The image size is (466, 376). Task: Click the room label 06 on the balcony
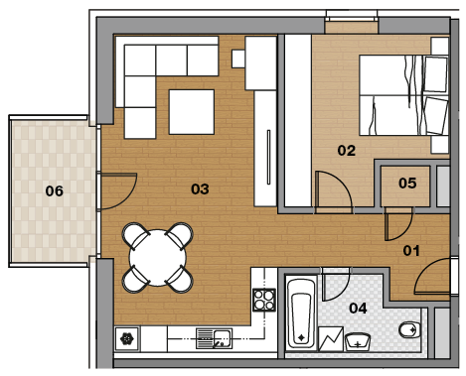pos(55,190)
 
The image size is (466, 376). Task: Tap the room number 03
pos(200,188)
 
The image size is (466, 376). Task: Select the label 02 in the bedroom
pos(347,151)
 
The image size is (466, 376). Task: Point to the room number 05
pos(407,183)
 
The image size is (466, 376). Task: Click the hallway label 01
pos(411,251)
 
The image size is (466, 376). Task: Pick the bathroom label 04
pos(358,309)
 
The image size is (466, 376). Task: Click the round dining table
pos(158,258)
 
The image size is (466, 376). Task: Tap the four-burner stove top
pos(264,300)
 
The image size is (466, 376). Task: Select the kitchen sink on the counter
pos(214,338)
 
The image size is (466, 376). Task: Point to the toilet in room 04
pos(409,329)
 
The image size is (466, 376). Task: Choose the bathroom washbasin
pos(358,342)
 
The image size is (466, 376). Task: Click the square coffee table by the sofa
pos(192,112)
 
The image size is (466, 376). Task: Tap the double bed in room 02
pos(403,95)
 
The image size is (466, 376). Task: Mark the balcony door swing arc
pos(127,199)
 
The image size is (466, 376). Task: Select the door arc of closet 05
pos(406,231)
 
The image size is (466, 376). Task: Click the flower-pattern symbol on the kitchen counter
pos(126,338)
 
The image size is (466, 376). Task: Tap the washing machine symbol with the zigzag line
pos(331,339)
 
